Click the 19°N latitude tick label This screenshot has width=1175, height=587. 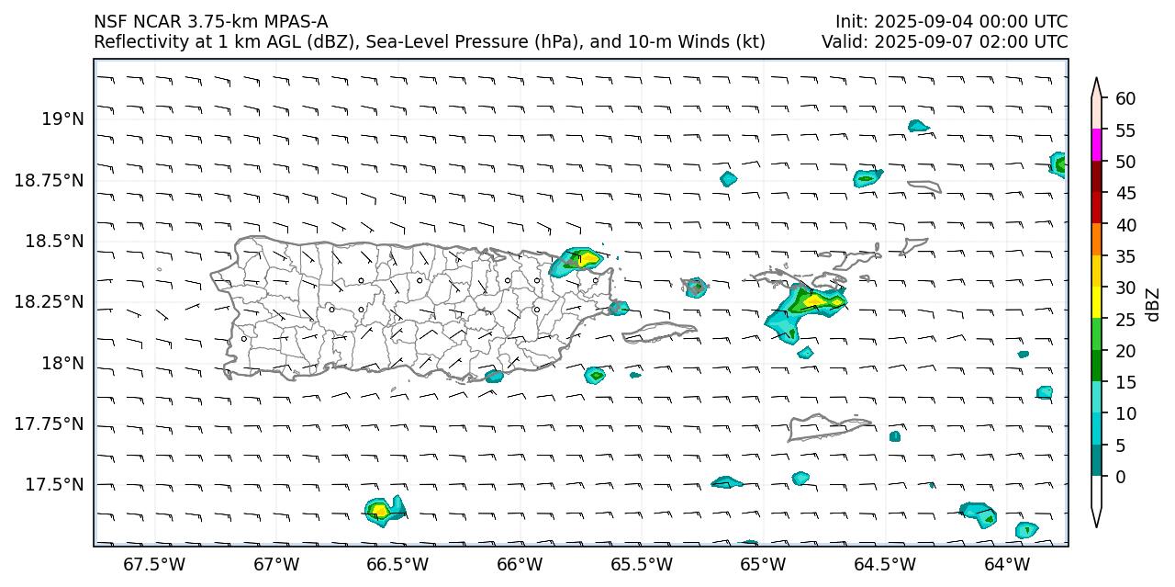coord(63,119)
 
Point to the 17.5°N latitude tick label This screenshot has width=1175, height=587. coord(56,485)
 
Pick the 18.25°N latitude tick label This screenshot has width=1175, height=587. coord(51,302)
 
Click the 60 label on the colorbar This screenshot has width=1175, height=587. coord(1125,98)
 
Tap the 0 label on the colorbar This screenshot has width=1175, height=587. coord(1121,477)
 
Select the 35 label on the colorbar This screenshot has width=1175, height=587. coord(1125,256)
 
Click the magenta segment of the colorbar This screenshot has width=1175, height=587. coord(1096,145)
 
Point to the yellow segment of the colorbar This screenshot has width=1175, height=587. coord(1096,303)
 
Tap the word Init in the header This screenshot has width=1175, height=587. coord(850,21)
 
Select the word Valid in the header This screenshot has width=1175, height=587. coord(842,41)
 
